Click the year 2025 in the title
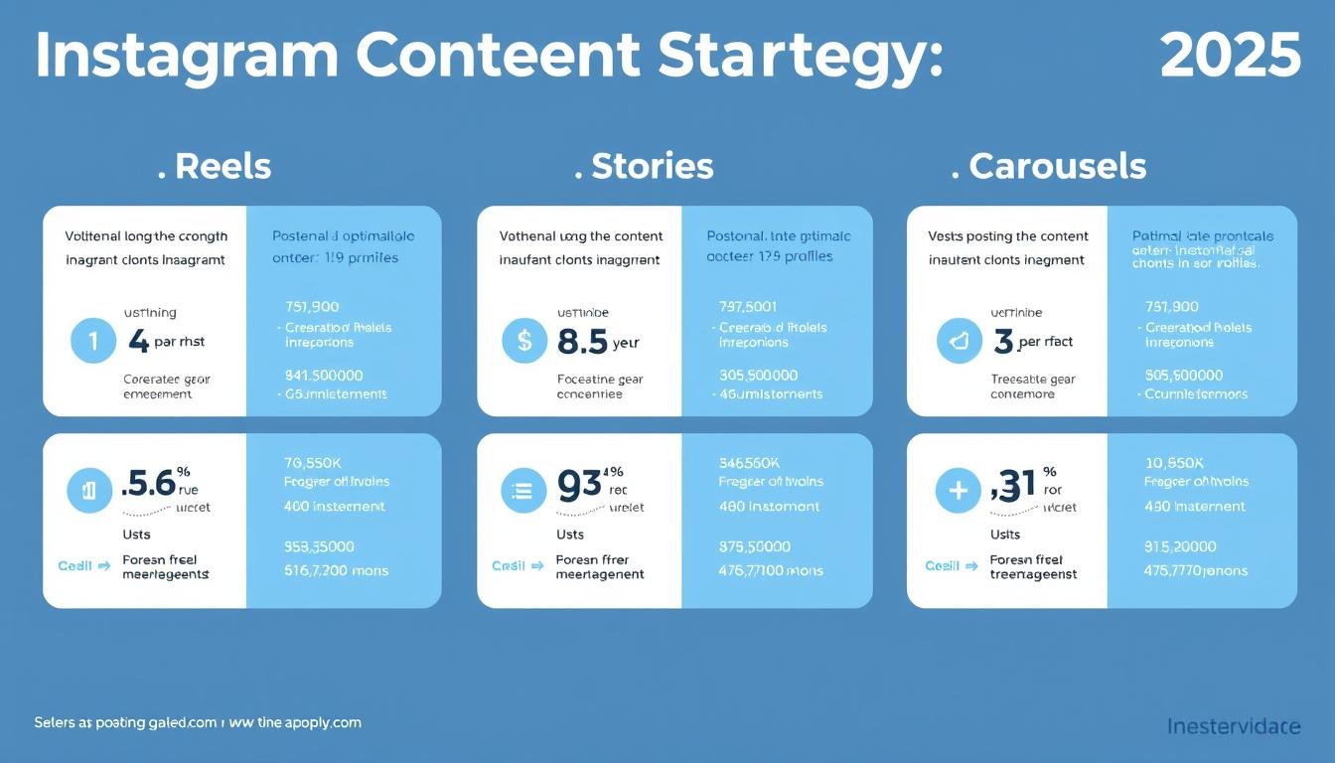click(1230, 56)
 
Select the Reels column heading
click(222, 166)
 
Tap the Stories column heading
click(652, 166)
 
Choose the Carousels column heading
click(1057, 166)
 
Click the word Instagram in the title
click(189, 58)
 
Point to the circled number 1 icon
click(93, 342)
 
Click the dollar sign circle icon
click(524, 342)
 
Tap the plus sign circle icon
click(959, 491)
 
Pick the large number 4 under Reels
click(138, 342)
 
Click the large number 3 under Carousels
click(1003, 342)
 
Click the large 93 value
click(579, 484)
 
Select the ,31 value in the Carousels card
click(1013, 484)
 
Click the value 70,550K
click(314, 462)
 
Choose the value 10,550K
click(1175, 462)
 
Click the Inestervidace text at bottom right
click(1233, 726)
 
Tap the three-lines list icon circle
click(523, 491)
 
